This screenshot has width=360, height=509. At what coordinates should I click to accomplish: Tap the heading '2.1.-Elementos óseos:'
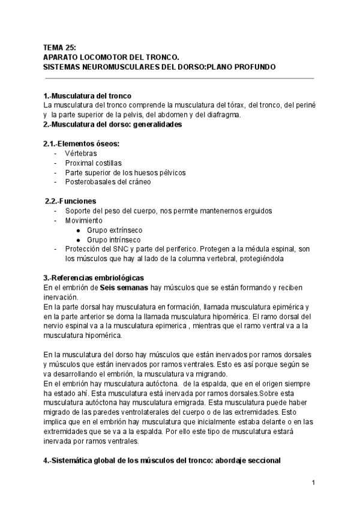[81, 143]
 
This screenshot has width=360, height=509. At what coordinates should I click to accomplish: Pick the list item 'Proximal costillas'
[93, 163]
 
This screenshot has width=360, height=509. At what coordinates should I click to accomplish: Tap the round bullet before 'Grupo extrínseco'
[78, 230]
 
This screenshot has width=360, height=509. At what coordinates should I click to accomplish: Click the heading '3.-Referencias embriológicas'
[94, 278]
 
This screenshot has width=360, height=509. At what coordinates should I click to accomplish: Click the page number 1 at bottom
[313, 483]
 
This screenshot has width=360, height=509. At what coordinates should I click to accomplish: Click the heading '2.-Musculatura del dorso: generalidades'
[113, 125]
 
